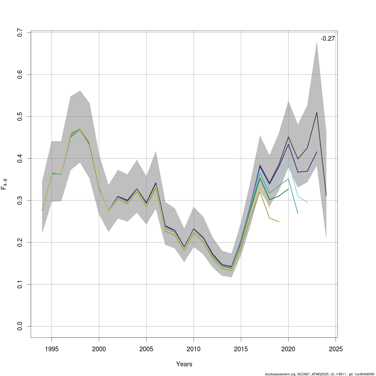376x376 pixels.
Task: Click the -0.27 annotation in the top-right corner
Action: point(327,39)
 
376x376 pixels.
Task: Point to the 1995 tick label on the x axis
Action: point(52,349)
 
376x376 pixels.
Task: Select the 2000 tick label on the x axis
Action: point(99,349)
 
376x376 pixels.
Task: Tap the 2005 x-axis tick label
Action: point(146,349)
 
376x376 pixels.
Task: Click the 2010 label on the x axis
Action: point(194,349)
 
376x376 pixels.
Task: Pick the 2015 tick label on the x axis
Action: point(241,349)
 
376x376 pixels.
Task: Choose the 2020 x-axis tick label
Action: point(288,349)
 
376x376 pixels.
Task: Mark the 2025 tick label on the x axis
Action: point(336,349)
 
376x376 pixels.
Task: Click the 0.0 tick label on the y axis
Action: point(20,326)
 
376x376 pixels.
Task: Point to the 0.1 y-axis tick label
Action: point(20,284)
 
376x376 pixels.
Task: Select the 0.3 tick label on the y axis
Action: point(20,200)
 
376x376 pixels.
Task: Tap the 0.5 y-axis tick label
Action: point(20,117)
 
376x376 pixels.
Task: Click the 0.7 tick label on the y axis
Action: point(20,33)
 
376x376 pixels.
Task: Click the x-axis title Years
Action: point(184,364)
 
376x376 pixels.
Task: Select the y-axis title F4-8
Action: point(4,184)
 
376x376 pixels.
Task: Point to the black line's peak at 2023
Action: point(317,112)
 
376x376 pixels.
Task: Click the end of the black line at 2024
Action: point(326,196)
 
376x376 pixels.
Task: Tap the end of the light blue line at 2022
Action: point(307,202)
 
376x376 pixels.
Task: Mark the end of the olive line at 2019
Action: point(279,222)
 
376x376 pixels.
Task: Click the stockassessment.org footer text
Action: point(319,374)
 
